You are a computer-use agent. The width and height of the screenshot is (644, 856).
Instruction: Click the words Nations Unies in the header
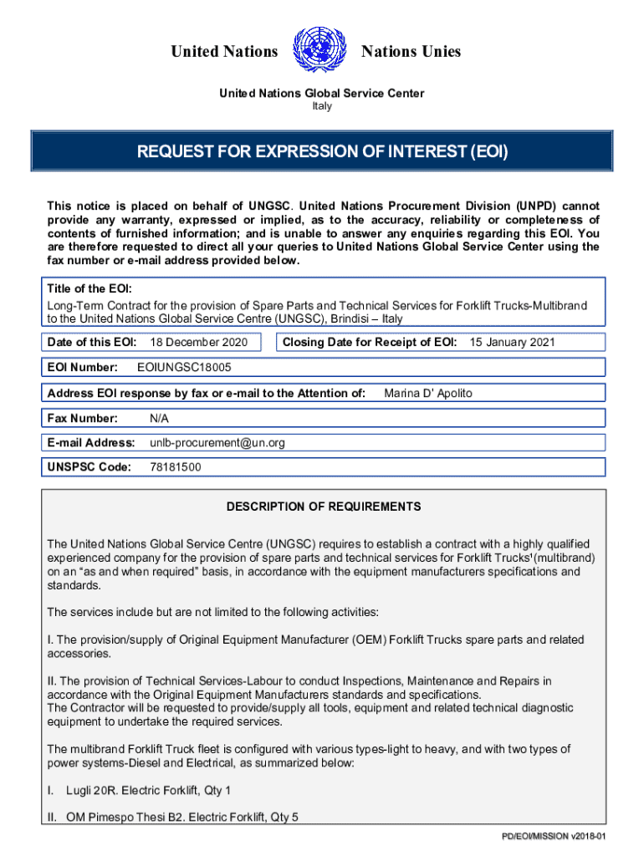coord(411,52)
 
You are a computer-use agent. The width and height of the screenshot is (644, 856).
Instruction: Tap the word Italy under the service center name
coord(321,106)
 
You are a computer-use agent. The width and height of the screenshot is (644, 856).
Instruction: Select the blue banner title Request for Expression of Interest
coord(322,152)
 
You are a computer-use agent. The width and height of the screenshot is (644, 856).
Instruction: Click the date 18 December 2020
coord(198,342)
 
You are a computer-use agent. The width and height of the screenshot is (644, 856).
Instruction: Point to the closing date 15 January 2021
coord(512,342)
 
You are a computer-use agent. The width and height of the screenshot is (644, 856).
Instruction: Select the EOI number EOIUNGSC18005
coord(184,367)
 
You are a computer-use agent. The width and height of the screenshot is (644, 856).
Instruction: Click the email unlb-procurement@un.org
coord(217,442)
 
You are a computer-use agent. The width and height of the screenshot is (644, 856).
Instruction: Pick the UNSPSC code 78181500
coord(175,467)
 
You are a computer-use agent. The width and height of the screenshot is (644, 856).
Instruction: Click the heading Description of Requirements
coord(324,507)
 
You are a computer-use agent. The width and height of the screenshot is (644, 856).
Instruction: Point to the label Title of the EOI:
coord(89,288)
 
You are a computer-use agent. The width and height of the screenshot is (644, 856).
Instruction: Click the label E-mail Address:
coord(91,442)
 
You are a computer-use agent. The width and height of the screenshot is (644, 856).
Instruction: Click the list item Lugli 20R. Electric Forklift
coord(148,790)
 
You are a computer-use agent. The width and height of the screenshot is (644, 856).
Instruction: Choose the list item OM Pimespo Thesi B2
coord(182,818)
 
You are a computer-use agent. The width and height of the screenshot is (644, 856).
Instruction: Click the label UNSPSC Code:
coord(89,467)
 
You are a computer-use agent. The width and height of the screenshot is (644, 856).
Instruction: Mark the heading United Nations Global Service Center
coord(321,93)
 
